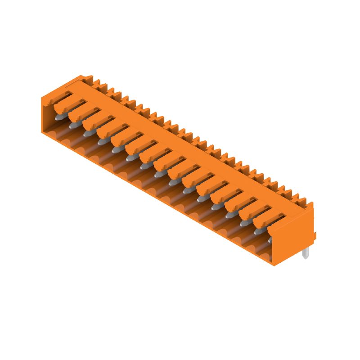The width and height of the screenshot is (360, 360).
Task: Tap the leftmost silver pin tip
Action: tap(58, 117)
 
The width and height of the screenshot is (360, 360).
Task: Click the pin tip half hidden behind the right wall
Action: tap(270, 241)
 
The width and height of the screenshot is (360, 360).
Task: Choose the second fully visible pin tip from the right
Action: tap(244, 223)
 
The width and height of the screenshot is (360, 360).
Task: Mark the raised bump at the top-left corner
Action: tap(86, 78)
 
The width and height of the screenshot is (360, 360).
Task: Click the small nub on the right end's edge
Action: tap(315, 235)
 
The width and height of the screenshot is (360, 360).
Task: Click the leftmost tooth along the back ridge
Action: tap(96, 83)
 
